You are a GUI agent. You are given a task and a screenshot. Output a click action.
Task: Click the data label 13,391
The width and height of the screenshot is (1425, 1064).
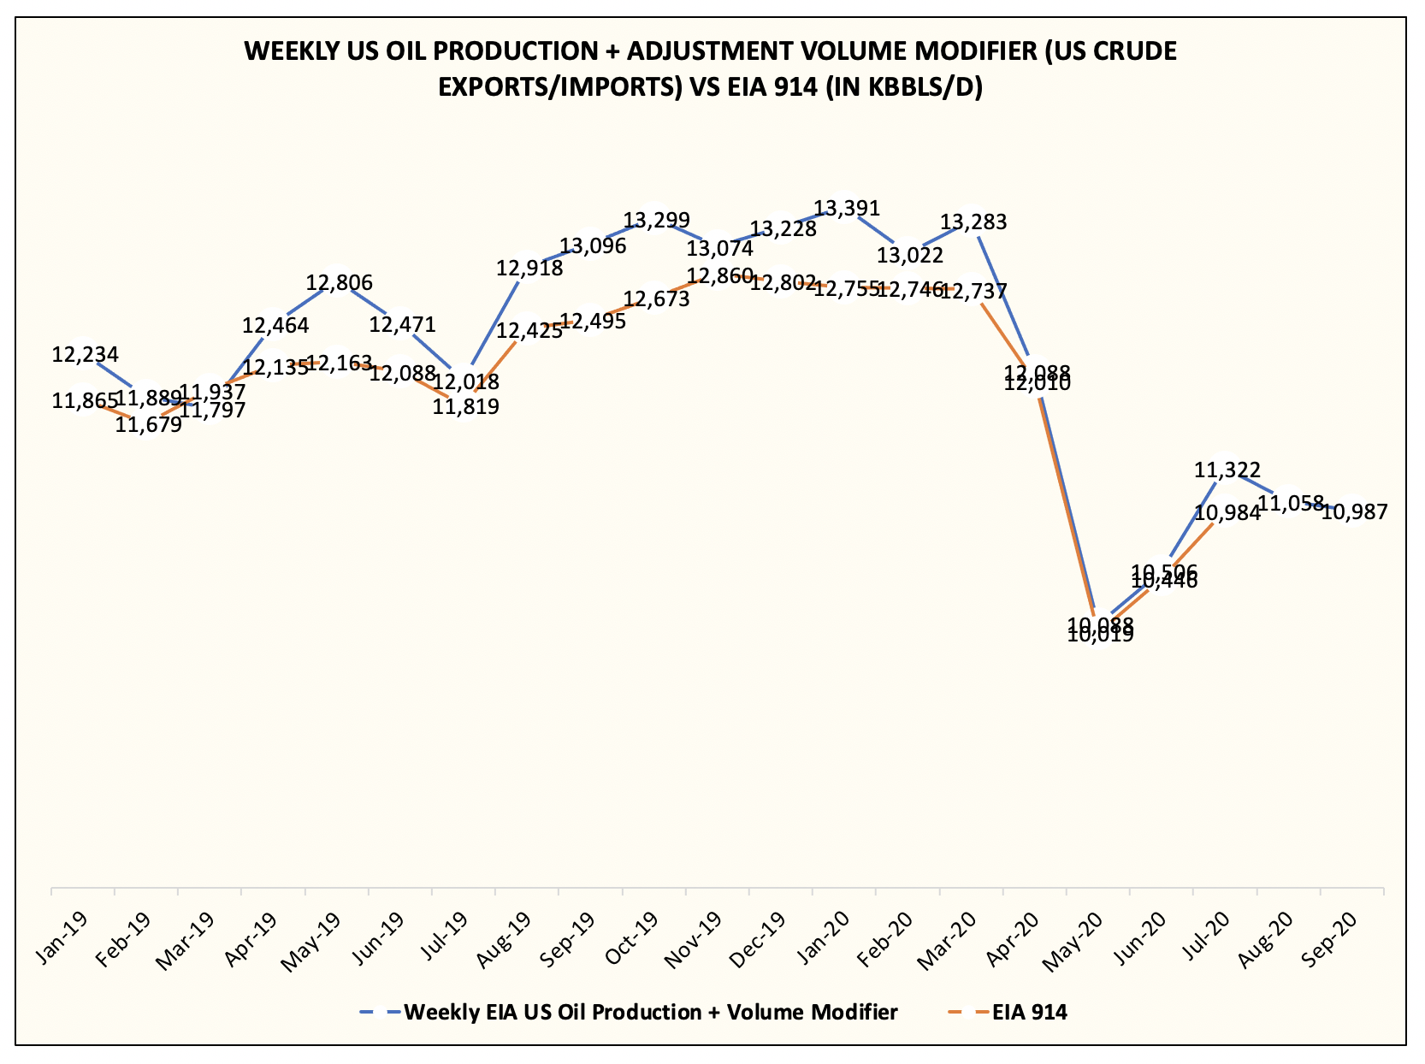click(x=846, y=208)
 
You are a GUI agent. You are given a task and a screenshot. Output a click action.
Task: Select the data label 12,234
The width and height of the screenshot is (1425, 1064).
click(x=85, y=354)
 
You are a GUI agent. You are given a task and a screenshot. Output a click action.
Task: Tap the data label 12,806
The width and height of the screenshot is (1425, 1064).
click(x=340, y=282)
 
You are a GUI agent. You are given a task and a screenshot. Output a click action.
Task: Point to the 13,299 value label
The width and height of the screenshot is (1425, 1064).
click(x=656, y=221)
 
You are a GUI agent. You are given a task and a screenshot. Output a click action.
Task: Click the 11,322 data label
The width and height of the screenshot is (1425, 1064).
click(x=1227, y=470)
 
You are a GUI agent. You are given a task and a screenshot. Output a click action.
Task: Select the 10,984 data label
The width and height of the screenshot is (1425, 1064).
click(x=1227, y=512)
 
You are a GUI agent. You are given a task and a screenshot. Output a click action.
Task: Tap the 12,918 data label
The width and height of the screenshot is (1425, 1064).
click(x=529, y=268)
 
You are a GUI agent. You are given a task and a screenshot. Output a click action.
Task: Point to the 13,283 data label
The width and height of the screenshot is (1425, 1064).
click(x=973, y=222)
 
